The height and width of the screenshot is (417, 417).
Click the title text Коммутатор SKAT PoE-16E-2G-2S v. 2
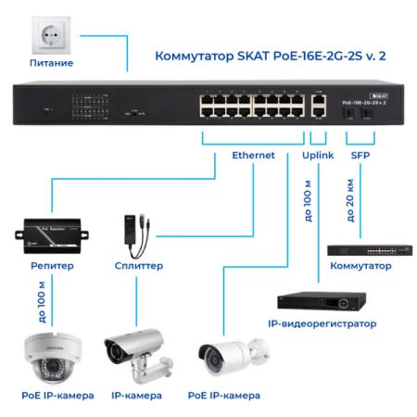point(268,57)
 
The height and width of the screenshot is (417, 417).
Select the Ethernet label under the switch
point(253,156)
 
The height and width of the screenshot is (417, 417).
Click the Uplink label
point(318,156)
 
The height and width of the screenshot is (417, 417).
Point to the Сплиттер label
point(137,265)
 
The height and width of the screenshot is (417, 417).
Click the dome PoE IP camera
point(53,357)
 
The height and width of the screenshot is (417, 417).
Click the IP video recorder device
point(320,301)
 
